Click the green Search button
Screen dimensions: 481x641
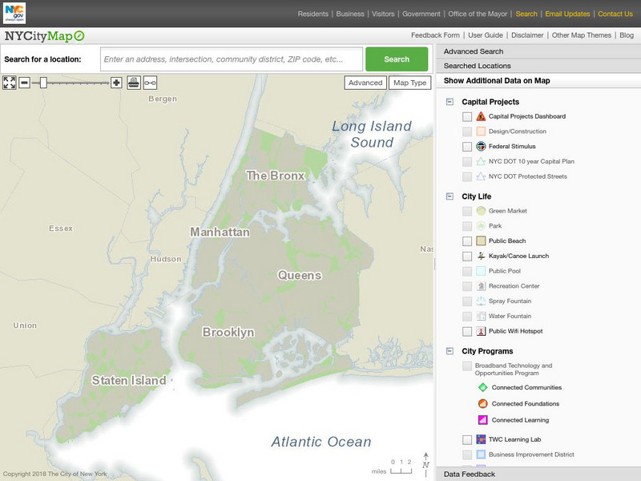point(397,59)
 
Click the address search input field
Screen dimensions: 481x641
point(232,59)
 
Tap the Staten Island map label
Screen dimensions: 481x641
point(129,380)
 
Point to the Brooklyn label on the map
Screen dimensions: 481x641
point(228,332)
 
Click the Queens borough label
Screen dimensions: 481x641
point(299,275)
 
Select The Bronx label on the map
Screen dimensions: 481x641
point(276,176)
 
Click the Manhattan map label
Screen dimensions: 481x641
point(220,232)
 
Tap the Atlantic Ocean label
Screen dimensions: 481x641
point(320,442)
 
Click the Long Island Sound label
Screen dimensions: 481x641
point(372,135)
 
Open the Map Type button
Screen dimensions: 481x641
point(409,83)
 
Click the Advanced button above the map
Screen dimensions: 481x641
point(365,83)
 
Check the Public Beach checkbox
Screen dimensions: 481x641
point(467,241)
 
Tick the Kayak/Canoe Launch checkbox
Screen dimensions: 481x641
point(467,257)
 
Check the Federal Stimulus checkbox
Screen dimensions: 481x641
point(467,147)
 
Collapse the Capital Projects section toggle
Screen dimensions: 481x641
point(450,102)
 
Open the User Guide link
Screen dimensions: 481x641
point(486,35)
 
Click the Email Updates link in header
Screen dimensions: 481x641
point(567,14)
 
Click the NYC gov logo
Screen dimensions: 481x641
point(14,13)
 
